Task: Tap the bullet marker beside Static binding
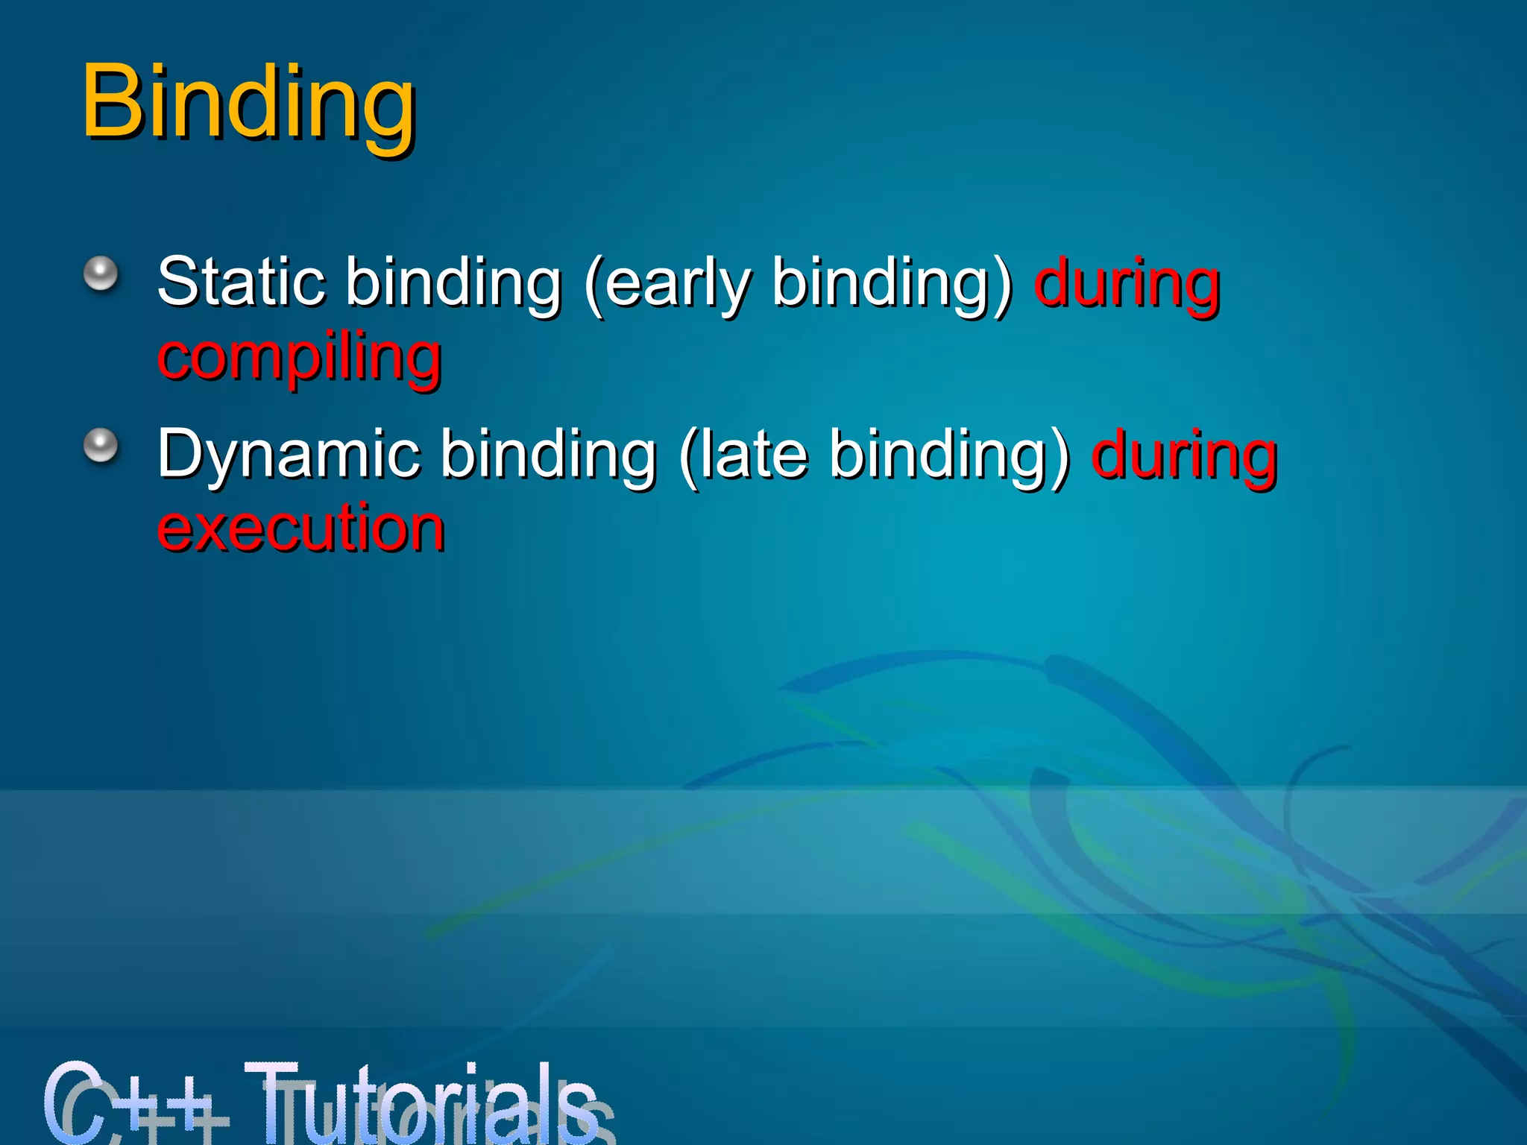click(101, 274)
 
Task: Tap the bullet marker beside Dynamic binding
click(101, 446)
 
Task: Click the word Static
click(241, 282)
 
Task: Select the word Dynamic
click(288, 455)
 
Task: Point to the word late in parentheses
click(744, 455)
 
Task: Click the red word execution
click(300, 528)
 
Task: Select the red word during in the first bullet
click(1127, 283)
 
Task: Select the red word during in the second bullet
click(1184, 455)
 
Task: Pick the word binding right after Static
click(453, 283)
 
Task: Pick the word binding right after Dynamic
click(548, 455)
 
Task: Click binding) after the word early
click(891, 283)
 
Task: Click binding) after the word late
click(949, 455)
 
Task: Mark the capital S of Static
click(178, 281)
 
